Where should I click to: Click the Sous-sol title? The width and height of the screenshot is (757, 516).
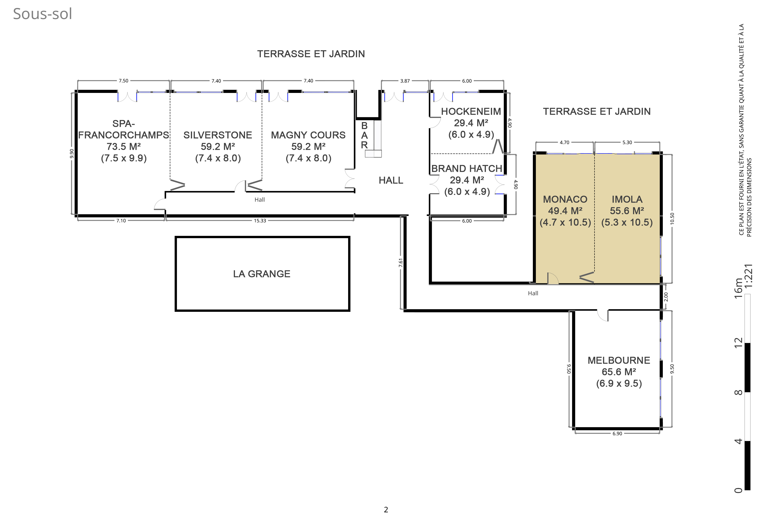42,14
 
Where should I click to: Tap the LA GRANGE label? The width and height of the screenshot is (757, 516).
262,274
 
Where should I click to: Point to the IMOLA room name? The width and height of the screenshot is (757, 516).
627,199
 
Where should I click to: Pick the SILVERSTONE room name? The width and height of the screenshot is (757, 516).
217,135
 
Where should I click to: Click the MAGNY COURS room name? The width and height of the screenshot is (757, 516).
308,135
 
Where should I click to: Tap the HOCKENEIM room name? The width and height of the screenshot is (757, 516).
471,111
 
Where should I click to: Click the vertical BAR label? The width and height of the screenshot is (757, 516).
364,135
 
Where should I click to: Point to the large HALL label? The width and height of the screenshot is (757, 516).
391,180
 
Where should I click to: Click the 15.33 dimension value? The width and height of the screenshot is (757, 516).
260,221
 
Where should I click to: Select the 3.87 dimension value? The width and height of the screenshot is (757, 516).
405,81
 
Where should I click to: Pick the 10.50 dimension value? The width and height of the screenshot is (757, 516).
672,218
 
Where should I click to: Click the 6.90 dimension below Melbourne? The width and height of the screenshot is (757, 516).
617,433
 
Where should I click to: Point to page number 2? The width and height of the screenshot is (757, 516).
386,510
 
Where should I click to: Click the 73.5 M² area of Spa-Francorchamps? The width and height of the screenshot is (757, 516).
124,146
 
